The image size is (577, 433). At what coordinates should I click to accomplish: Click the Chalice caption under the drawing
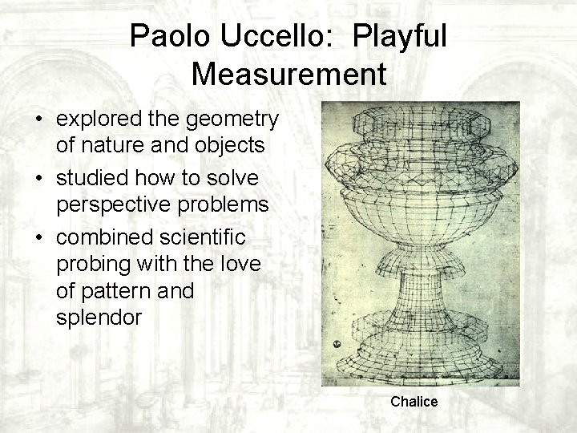point(414,402)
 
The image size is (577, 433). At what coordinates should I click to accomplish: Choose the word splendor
point(100,316)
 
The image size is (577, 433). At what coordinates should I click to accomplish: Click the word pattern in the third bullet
point(115,291)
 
